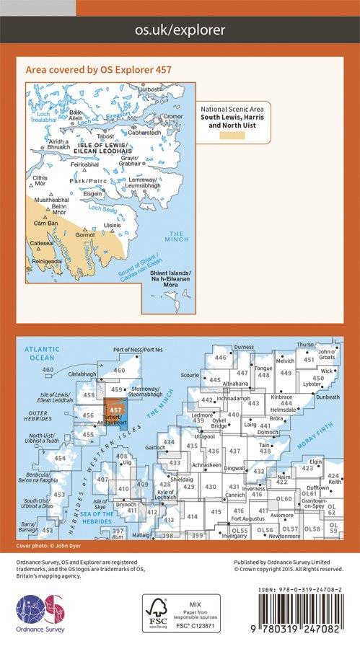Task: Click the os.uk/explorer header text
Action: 180,30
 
